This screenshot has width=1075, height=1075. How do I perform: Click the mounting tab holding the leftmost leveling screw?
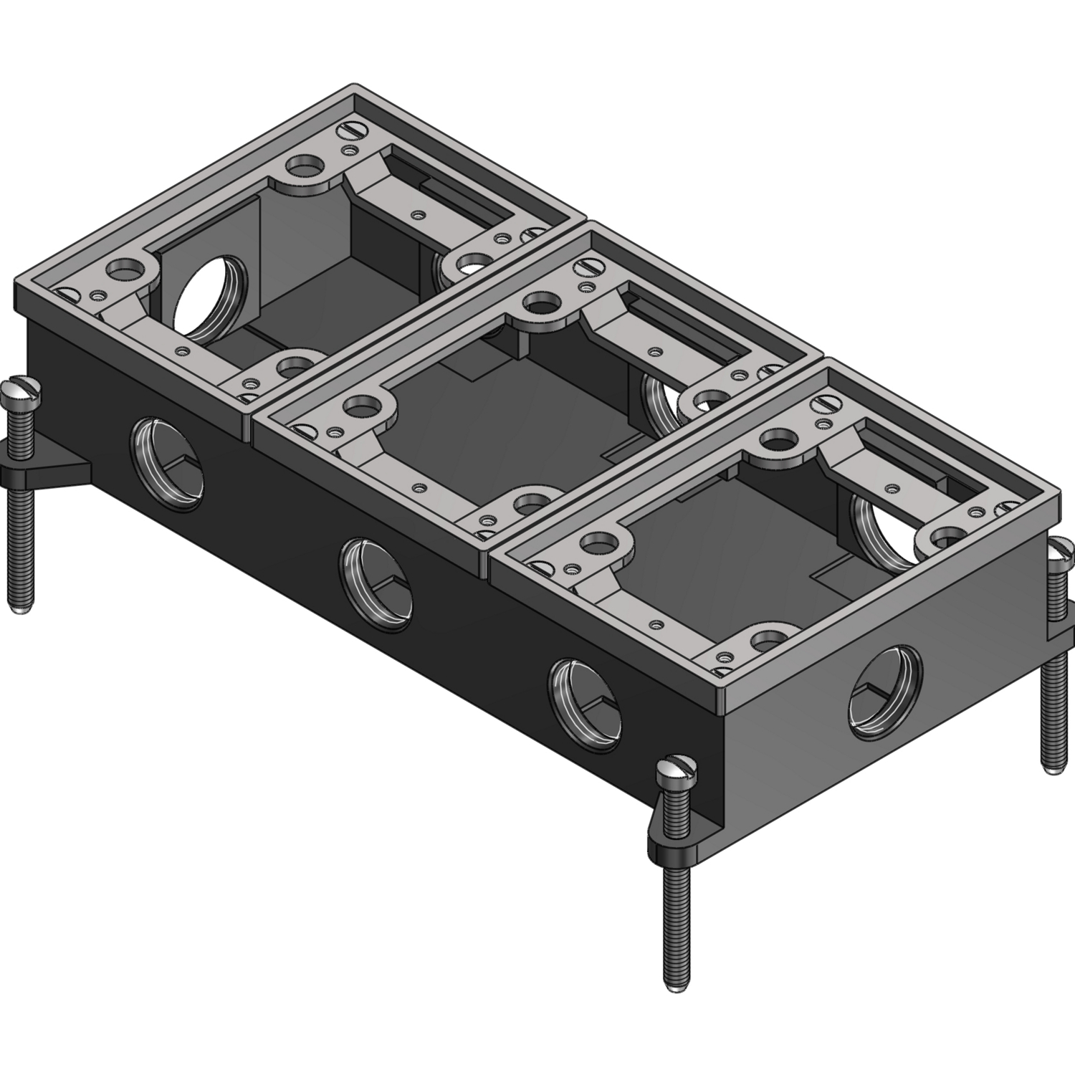(x=50, y=469)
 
